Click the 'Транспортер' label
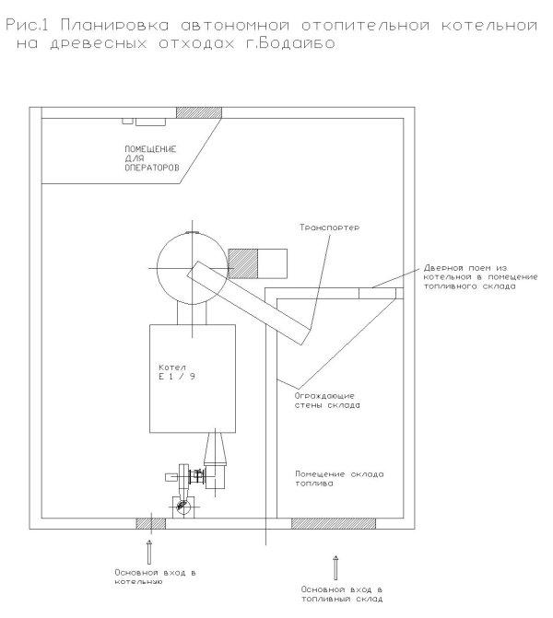coord(329,227)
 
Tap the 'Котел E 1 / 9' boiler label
coord(177,372)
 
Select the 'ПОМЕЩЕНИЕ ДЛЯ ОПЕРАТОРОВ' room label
coord(151,158)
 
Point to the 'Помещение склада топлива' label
coord(339,479)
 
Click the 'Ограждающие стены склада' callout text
coord(327,401)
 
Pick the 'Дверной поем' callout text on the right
coord(480,276)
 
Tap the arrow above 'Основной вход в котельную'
coord(149,553)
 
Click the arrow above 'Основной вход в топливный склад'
coord(335,568)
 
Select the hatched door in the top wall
coord(199,112)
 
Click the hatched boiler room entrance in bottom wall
coord(150,523)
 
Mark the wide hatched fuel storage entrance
coord(334,523)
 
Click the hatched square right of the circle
coord(243,263)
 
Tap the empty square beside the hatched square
coord(272,263)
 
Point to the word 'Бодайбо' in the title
coord(297,42)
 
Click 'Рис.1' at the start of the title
coord(27,25)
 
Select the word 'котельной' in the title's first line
coord(489,25)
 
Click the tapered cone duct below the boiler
coord(216,449)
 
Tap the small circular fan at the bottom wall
coord(183,507)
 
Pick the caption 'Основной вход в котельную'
coord(155,577)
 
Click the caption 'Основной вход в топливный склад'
coord(342,594)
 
